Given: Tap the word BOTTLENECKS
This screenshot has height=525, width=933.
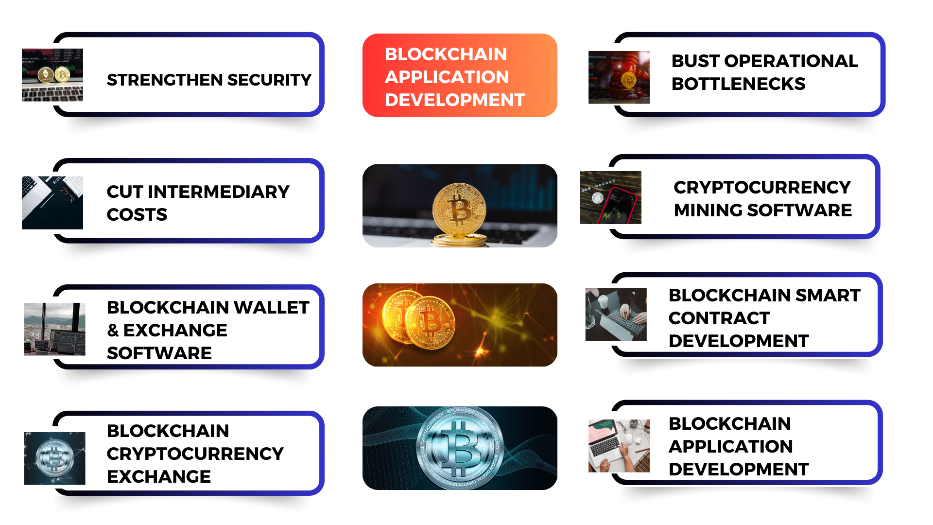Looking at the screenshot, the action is tap(738, 84).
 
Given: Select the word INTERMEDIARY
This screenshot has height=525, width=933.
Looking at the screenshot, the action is tap(219, 192).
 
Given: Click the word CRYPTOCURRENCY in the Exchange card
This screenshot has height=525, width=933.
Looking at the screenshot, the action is tap(195, 454).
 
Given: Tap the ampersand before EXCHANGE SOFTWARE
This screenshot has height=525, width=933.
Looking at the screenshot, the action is tap(113, 331).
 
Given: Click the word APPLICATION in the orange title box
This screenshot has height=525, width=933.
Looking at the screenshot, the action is tap(447, 77).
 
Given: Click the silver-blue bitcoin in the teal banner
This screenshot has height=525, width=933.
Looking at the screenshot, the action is tap(460, 448).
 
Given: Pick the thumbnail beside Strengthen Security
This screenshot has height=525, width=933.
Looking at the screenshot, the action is tap(52, 75).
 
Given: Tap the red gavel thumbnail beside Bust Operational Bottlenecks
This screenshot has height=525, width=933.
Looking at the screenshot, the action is tap(619, 77).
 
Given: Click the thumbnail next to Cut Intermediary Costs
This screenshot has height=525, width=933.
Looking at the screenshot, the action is tap(52, 203).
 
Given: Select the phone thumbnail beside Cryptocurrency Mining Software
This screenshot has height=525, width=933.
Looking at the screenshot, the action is tap(611, 197).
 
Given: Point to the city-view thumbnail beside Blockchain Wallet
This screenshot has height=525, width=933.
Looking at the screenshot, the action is tap(54, 329).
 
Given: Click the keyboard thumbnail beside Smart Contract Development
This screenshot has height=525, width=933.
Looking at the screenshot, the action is tap(616, 315).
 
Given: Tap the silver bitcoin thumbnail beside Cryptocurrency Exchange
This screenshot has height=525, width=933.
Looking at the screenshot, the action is tap(54, 458).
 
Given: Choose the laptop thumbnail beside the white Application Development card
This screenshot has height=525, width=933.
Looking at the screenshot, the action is tap(619, 446).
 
